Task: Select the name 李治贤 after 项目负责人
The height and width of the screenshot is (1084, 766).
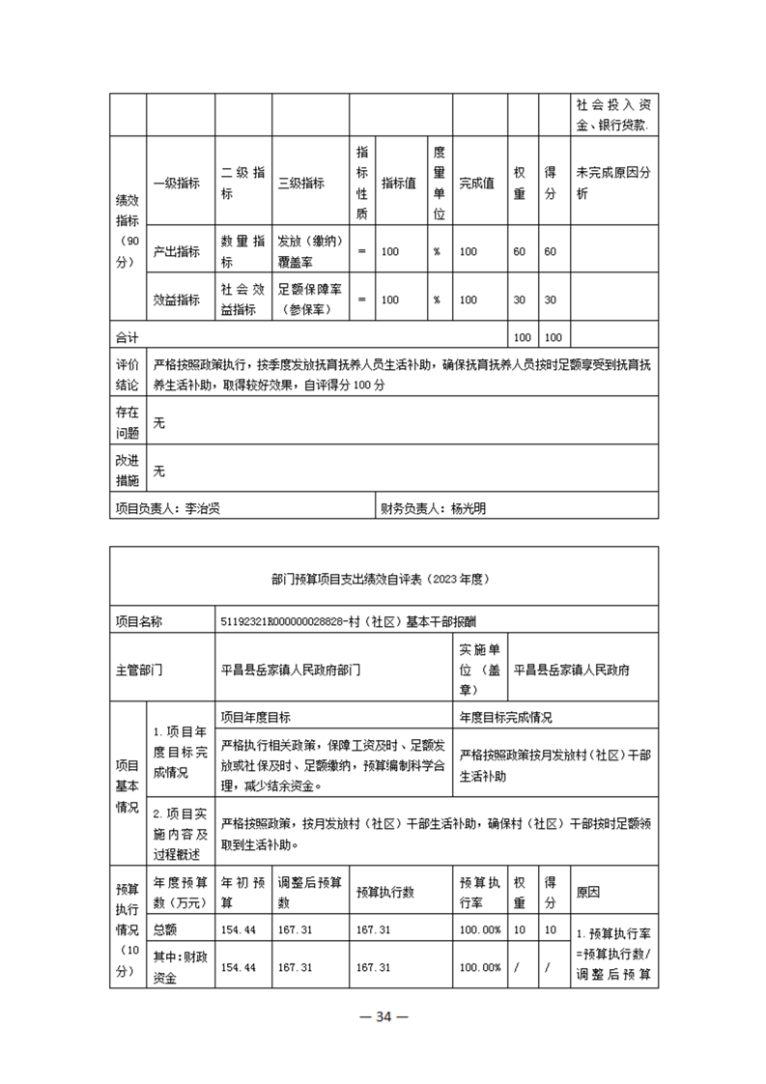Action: point(203,507)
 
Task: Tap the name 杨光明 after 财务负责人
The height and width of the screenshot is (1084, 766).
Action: point(468,507)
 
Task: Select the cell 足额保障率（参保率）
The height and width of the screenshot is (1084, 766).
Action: point(312,300)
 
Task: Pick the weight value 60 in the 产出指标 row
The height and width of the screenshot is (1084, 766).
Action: point(519,251)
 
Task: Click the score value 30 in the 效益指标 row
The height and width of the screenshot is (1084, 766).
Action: point(551,300)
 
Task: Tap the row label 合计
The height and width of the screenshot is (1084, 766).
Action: point(127,337)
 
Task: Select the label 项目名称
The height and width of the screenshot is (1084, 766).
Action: point(139,622)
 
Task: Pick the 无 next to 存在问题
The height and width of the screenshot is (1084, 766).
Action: point(159,423)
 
